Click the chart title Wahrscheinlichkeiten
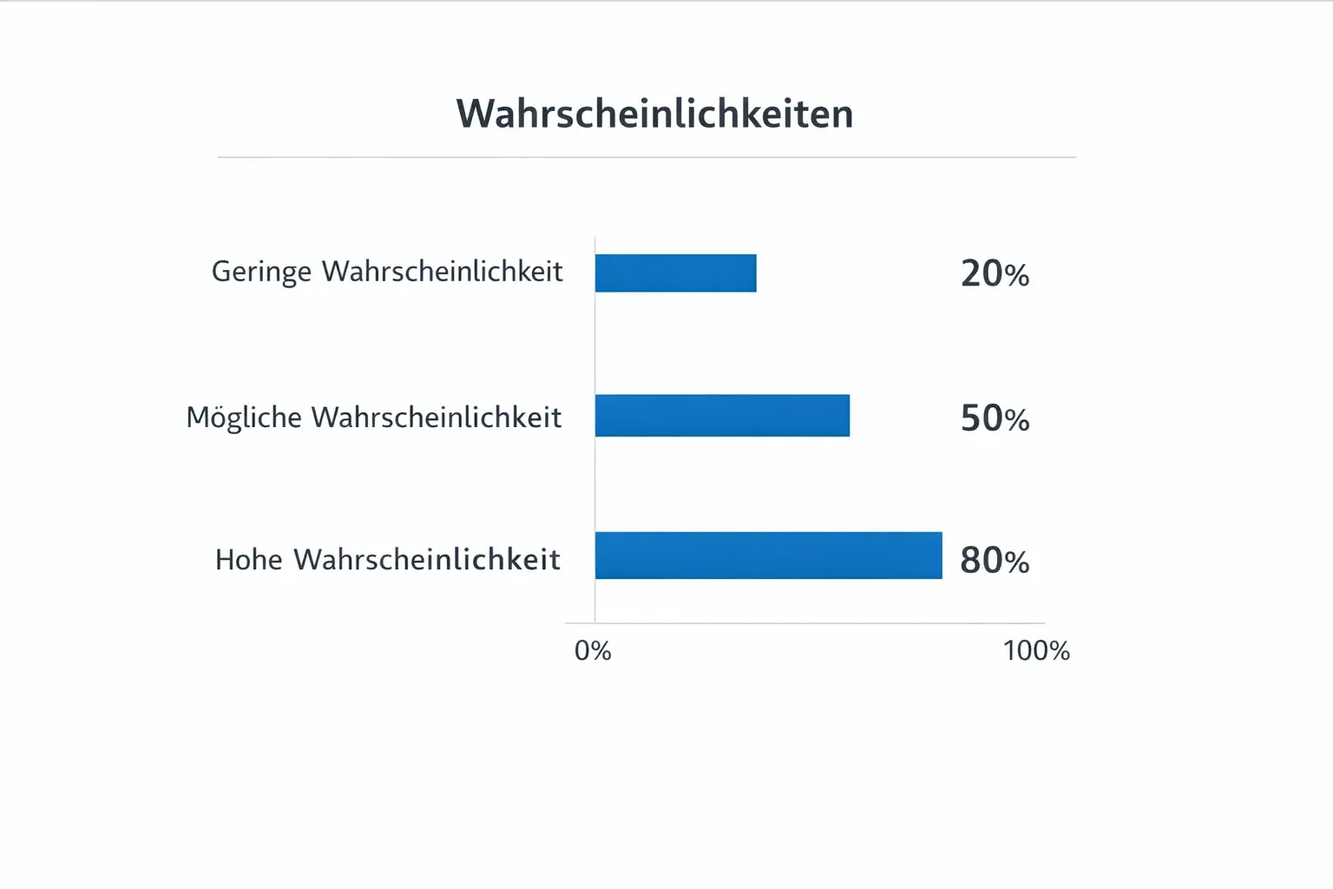click(655, 114)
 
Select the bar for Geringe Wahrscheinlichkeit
click(675, 273)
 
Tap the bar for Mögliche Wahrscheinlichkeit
click(722, 415)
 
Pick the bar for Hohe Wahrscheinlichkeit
click(768, 556)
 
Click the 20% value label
click(995, 273)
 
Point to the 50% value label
click(995, 418)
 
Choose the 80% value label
click(995, 561)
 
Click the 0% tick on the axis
click(593, 650)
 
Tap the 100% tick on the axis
click(1036, 650)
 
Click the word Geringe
click(261, 272)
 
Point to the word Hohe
click(249, 560)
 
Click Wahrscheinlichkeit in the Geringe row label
click(443, 271)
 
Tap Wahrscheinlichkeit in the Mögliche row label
click(437, 418)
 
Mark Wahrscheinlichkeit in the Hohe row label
click(427, 560)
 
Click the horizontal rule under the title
click(647, 157)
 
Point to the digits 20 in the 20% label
click(982, 273)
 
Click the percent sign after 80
click(1017, 563)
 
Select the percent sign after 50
click(1017, 420)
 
